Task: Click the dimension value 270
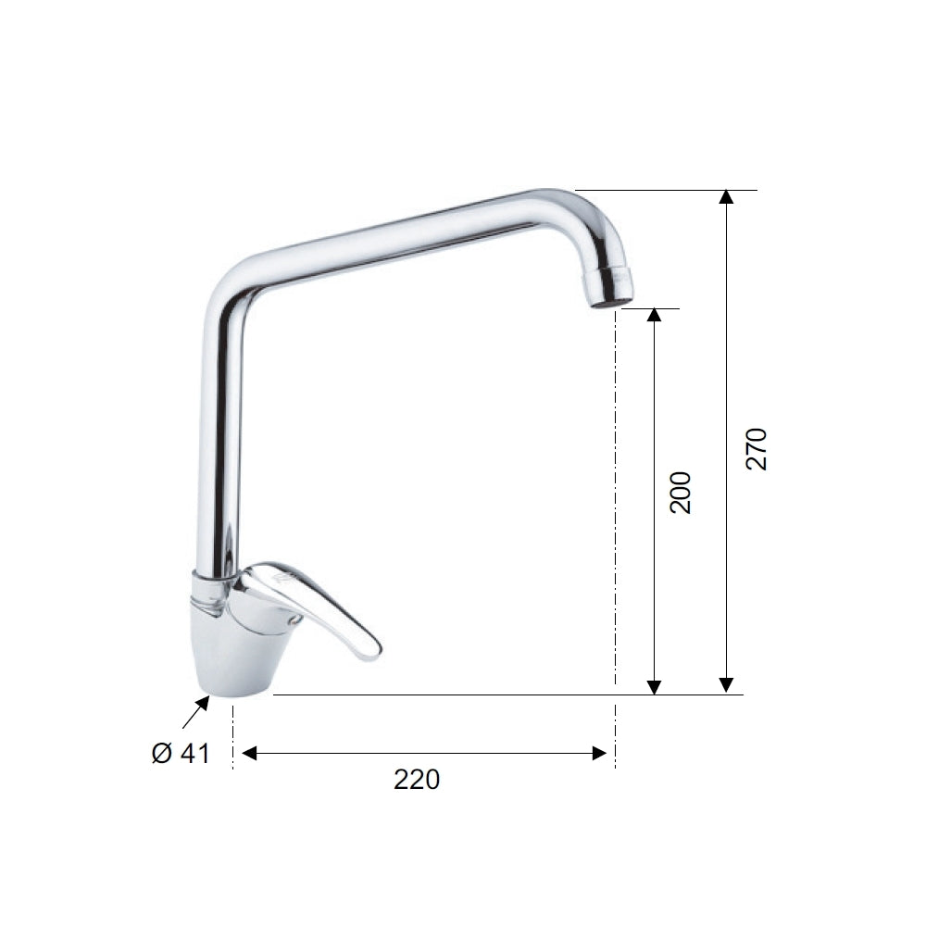coord(757,448)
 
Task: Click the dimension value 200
coord(681,493)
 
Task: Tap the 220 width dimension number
coord(417,780)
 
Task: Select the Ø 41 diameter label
coord(181,754)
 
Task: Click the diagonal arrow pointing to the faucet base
coord(194,714)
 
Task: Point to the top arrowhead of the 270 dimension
coord(727,197)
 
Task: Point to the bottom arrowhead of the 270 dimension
coord(727,686)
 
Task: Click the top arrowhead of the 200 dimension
coord(654,315)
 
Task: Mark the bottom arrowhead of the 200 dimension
coord(654,686)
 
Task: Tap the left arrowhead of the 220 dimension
coord(248,754)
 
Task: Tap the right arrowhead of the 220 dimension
coord(599,754)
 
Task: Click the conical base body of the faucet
coord(236,648)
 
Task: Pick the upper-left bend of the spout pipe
coord(231,282)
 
